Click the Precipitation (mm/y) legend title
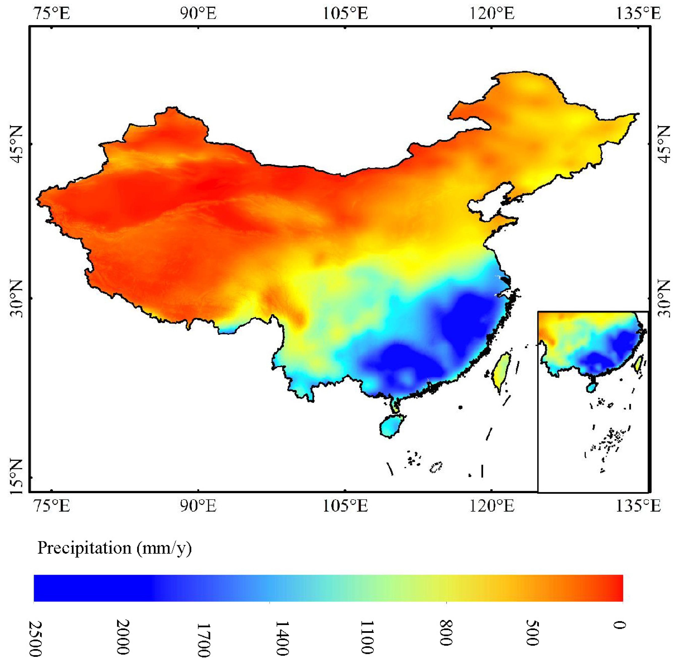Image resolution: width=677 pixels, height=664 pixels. pyautogui.click(x=114, y=548)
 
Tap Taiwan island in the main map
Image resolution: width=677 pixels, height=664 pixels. pyautogui.click(x=501, y=371)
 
